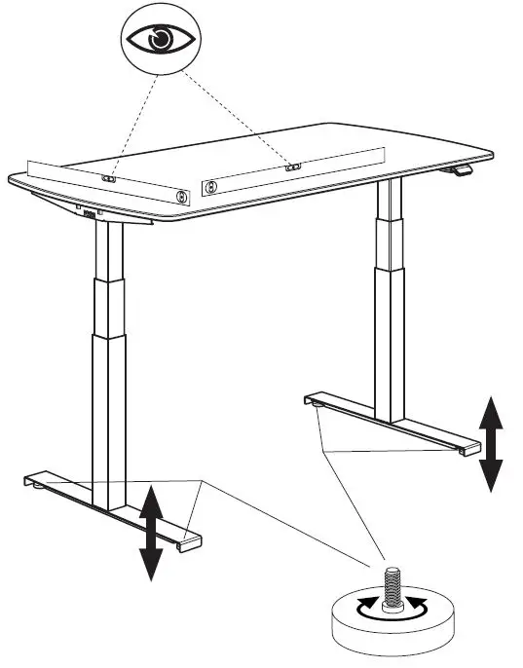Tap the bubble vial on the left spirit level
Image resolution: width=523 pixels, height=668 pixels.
coord(110,179)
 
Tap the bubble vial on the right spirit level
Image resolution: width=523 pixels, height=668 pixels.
coord(291,167)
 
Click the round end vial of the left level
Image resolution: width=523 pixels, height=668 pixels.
coord(181,195)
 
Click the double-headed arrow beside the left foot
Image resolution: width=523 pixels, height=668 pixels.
coord(150,533)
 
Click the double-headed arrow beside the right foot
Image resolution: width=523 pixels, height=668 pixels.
coord(492,443)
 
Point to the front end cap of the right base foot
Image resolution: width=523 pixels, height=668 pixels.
coord(468,447)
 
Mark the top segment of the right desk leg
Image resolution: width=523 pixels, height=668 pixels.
coord(390,201)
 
